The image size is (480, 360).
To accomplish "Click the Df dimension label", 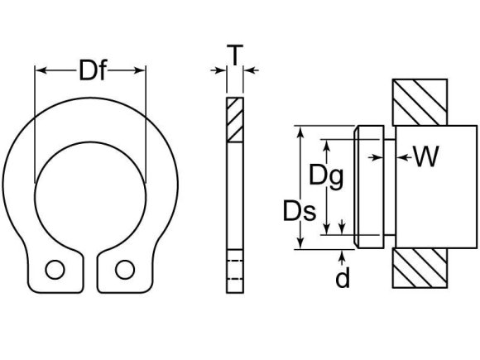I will tap(92, 72).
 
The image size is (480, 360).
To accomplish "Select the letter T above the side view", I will tap(236, 55).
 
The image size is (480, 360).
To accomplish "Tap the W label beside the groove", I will tap(425, 156).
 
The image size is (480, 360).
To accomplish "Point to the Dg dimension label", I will tap(325, 176).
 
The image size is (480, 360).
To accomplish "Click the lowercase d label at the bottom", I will tap(342, 278).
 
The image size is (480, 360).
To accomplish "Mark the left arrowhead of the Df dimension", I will tap(39, 72).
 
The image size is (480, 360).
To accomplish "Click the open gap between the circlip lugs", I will tap(90, 265).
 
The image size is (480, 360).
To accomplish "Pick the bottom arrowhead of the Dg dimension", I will tap(329, 229).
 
